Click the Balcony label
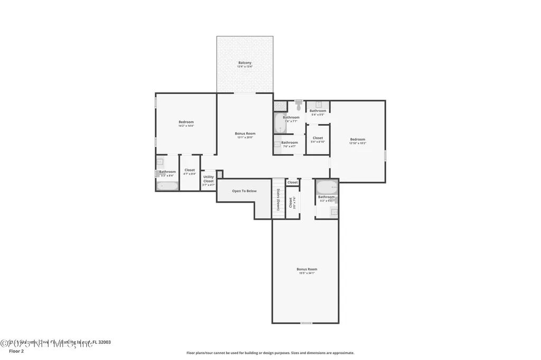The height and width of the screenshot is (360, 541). click(245, 63)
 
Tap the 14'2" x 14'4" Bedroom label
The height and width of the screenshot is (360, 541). click(186, 122)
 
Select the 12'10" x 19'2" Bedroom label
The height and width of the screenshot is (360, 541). click(358, 139)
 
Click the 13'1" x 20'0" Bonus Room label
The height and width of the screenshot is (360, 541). click(245, 134)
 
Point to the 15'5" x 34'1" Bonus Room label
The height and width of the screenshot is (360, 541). click(307, 269)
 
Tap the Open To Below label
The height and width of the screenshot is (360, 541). click(244, 191)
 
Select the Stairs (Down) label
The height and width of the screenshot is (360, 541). click(278, 199)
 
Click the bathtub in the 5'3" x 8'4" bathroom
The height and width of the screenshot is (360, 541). click(167, 185)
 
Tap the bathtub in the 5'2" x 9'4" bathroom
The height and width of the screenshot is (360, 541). click(327, 187)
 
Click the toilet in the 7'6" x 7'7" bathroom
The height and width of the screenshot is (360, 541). click(299, 105)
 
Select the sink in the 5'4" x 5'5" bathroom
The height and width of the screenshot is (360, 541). click(319, 105)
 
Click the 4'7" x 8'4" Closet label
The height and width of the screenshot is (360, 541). click(190, 170)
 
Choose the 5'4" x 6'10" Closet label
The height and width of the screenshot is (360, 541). click(318, 138)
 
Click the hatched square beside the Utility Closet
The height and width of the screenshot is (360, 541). click(220, 174)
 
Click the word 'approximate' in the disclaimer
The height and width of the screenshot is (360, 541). click(343, 353)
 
